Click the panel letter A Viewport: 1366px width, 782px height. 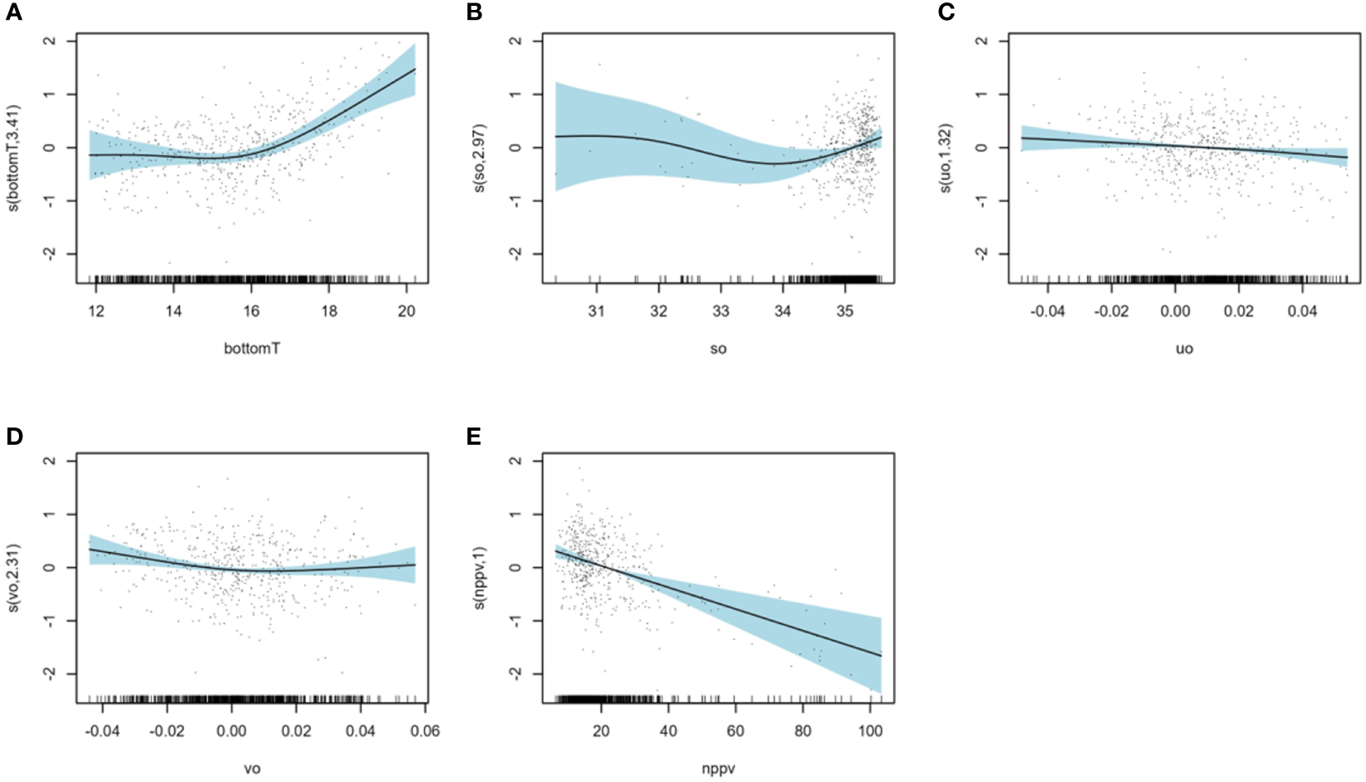(x=13, y=12)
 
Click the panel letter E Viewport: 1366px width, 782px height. (x=473, y=436)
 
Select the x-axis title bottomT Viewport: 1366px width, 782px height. (x=252, y=349)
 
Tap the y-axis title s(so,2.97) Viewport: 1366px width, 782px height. (x=479, y=159)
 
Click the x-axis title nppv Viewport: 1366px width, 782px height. (x=719, y=769)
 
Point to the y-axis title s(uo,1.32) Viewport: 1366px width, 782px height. (x=946, y=159)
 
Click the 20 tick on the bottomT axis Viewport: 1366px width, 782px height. (x=406, y=311)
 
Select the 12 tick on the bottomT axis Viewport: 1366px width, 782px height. (x=96, y=311)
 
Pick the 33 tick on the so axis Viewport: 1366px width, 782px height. (x=721, y=311)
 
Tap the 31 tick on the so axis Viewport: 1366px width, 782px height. (x=596, y=311)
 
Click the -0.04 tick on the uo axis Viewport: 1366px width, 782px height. (x=1047, y=311)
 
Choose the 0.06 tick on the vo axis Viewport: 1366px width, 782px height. (x=425, y=731)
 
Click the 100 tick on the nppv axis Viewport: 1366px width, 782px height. (x=870, y=731)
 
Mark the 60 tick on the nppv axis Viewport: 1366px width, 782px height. (x=735, y=731)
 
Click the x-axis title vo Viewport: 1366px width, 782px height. (x=252, y=769)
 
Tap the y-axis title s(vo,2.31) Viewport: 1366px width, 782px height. (x=13, y=579)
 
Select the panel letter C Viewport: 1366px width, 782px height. (x=946, y=12)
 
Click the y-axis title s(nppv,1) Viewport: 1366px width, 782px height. (x=479, y=579)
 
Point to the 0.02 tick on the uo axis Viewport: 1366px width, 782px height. (x=1239, y=311)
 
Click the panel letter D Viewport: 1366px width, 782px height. (x=14, y=436)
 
